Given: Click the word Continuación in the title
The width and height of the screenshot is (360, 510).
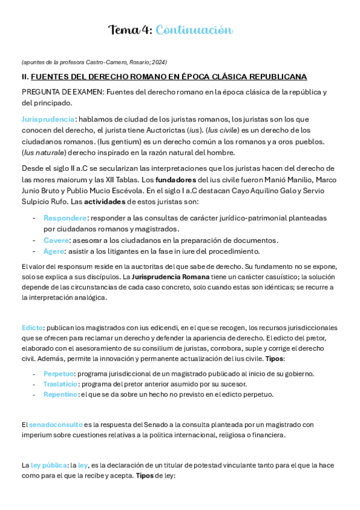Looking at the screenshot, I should [x=194, y=29].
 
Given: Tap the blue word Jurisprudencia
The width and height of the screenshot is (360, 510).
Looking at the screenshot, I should [x=48, y=119].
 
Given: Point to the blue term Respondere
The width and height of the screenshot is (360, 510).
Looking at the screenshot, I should [x=65, y=218].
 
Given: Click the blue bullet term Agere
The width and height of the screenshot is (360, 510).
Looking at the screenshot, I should [x=53, y=251].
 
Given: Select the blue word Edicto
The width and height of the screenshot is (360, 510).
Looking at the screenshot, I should [x=32, y=328].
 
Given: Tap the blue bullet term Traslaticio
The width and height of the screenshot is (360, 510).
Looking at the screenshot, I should [x=60, y=384].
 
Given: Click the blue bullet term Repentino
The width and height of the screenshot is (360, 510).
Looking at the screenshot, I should [x=60, y=394].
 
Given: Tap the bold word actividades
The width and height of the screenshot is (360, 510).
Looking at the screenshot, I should [x=105, y=201].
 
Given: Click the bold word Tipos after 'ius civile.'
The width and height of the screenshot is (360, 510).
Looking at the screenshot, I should [x=275, y=358].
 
